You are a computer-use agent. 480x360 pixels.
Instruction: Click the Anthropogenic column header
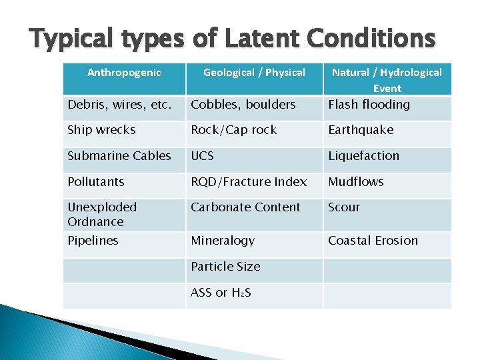(x=124, y=73)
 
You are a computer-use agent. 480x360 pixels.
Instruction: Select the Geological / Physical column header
(x=254, y=73)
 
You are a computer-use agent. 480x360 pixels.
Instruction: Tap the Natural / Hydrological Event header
(x=387, y=79)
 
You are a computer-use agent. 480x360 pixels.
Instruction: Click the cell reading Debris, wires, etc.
(x=119, y=105)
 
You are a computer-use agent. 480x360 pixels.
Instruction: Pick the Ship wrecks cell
(x=101, y=130)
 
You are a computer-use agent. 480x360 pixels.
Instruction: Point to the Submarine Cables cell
(x=119, y=156)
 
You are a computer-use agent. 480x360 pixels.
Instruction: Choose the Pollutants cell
(x=96, y=182)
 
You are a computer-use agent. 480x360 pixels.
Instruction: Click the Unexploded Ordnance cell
(x=102, y=215)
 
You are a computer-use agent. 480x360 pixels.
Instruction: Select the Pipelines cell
(x=93, y=241)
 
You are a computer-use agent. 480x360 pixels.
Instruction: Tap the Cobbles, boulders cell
(x=243, y=105)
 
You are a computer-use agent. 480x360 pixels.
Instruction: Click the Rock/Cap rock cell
(x=233, y=130)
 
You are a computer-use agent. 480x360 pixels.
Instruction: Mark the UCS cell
(x=203, y=156)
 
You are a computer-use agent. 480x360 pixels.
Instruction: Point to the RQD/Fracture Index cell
(x=249, y=182)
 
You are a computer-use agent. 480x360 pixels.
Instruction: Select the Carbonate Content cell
(x=245, y=207)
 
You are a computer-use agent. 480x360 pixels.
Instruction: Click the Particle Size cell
(x=225, y=267)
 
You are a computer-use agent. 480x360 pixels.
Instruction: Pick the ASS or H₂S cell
(x=221, y=293)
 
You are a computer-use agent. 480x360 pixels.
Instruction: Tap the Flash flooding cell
(x=369, y=105)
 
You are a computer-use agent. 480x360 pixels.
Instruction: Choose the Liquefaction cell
(x=363, y=156)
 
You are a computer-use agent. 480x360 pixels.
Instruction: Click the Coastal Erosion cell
(x=373, y=241)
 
